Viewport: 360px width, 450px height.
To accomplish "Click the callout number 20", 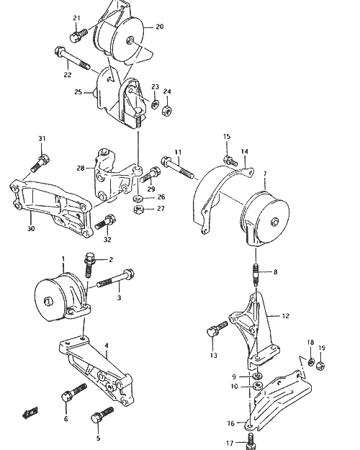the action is (160, 27).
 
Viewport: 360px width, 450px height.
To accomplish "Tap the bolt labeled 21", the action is (78, 35).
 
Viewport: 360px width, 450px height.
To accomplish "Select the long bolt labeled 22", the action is (72, 58).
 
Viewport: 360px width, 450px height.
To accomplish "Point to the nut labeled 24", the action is (166, 110).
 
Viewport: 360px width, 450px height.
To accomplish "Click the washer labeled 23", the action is (155, 104).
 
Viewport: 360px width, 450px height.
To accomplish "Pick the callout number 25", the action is (78, 92).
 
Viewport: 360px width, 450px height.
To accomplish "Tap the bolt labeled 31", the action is (40, 163).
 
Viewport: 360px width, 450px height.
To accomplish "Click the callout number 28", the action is (81, 168).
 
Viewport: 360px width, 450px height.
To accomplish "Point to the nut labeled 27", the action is (138, 210).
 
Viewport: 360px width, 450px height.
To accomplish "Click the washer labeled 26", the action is (138, 198).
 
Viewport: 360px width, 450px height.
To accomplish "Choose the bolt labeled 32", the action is (105, 222).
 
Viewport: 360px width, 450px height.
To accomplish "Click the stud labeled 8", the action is (256, 274).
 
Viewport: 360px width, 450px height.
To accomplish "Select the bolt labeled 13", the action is (217, 329).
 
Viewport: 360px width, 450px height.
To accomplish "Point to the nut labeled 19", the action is (320, 366).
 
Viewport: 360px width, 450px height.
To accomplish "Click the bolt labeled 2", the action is (89, 264).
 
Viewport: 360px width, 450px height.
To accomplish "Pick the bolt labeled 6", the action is (73, 392).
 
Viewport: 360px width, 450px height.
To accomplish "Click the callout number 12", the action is (286, 316).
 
